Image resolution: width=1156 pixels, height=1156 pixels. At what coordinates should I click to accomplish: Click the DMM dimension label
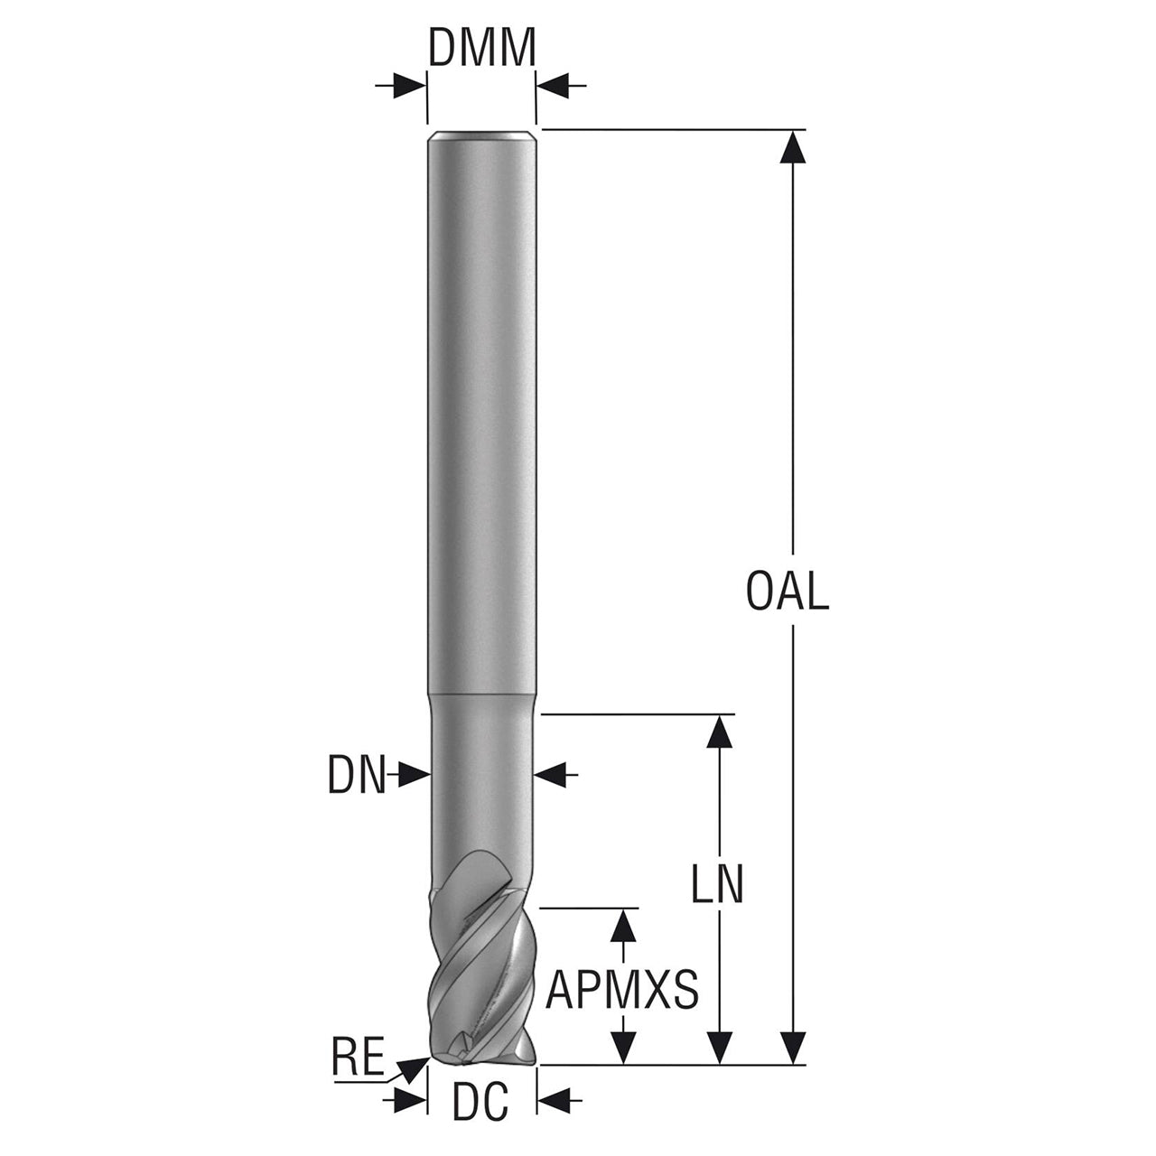[x=481, y=49]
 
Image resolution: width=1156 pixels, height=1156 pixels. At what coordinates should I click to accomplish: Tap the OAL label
[x=787, y=591]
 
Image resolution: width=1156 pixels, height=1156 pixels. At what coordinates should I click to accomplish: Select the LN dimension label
[x=717, y=883]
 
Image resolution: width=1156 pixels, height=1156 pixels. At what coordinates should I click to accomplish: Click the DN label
[x=357, y=775]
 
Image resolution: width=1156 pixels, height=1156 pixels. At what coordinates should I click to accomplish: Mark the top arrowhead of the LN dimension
[x=720, y=732]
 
